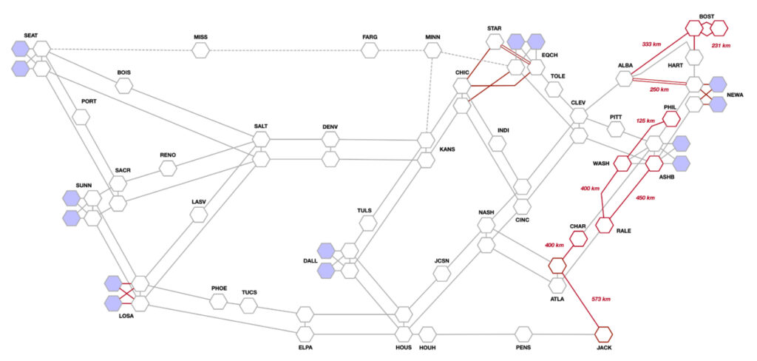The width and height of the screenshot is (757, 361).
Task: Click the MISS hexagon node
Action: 200,50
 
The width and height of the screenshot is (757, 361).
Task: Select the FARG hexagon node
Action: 370,50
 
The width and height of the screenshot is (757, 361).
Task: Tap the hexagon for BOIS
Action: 124,86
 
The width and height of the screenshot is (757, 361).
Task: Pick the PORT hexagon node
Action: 81,116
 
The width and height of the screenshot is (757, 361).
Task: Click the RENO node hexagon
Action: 168,168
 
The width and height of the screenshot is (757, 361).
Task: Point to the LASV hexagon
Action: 199,215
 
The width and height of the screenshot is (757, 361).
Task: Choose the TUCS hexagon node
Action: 248,306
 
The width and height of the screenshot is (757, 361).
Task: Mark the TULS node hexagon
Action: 368,223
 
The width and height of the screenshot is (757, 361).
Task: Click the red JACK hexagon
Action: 603,334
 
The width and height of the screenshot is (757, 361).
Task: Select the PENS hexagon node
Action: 523,334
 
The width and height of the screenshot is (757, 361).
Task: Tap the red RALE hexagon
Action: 605,225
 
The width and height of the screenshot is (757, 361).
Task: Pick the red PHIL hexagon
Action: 671,118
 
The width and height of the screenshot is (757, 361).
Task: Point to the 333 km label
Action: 651,44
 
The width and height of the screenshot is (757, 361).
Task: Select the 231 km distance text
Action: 722,45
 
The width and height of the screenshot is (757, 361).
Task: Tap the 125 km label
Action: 646,121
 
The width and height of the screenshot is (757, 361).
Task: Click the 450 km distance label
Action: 645,198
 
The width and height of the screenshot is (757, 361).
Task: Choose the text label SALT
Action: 261,126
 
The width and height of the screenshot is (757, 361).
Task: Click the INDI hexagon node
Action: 497,143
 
